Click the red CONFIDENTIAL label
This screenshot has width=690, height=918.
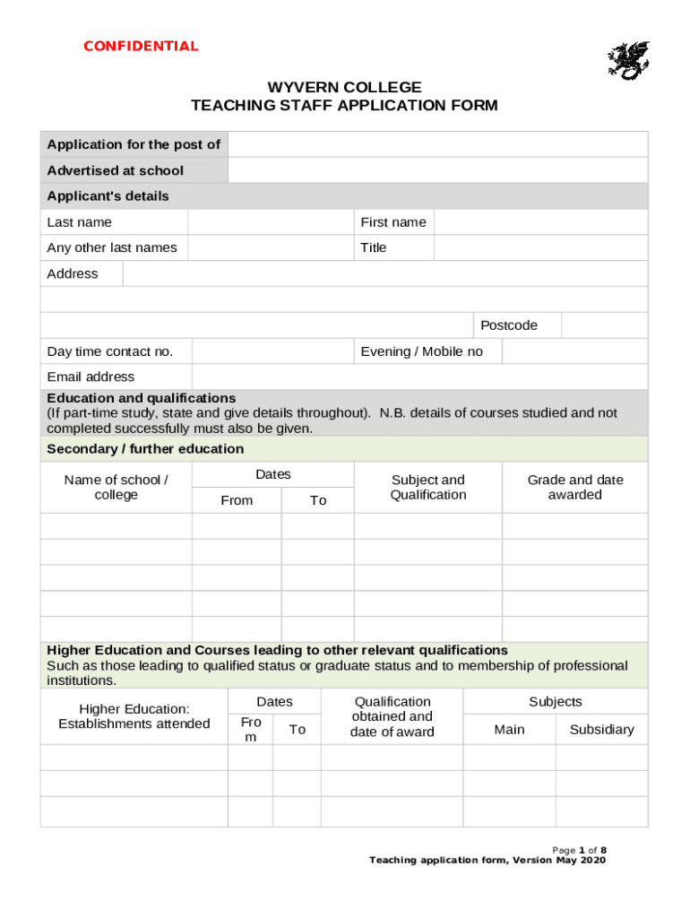[x=141, y=47]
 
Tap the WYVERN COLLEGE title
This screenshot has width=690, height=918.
[x=344, y=87]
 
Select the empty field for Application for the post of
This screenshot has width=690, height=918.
[x=437, y=144]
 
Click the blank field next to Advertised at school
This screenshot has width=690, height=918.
[x=437, y=170]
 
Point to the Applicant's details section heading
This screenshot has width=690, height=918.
[x=108, y=196]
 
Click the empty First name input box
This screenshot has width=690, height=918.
[x=540, y=222]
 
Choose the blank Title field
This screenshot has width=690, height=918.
[x=540, y=247]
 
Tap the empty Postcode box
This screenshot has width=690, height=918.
[x=604, y=325]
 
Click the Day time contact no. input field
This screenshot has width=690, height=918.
[x=272, y=351]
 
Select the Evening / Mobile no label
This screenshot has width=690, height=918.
[x=421, y=351]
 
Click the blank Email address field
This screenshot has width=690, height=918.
[x=419, y=377]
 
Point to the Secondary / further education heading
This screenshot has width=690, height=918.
[x=145, y=449]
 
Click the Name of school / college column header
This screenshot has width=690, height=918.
[x=116, y=488]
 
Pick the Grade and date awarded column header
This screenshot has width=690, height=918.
[x=574, y=488]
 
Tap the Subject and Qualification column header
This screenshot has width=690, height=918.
[x=428, y=488]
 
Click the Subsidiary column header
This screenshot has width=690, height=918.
[x=601, y=730]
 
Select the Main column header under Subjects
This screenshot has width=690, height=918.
[x=509, y=730]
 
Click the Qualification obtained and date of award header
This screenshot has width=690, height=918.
[x=392, y=716]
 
